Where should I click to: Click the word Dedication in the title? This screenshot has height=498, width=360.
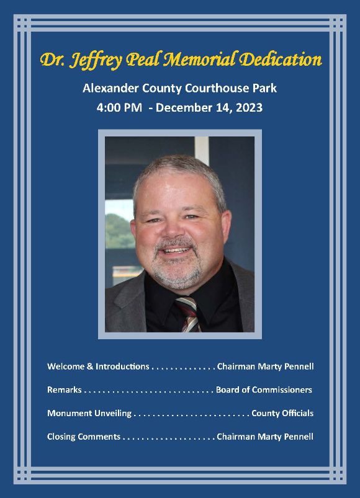coord(282,60)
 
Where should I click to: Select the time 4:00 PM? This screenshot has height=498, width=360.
coord(119,107)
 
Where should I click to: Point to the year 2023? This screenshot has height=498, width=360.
coord(248,107)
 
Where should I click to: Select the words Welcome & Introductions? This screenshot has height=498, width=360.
coord(98,367)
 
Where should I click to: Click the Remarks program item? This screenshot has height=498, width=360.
coord(65,390)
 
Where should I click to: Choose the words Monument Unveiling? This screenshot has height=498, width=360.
coord(89,413)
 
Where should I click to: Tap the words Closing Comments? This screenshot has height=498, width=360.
coord(84,437)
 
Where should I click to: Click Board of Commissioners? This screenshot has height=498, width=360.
coord(264,390)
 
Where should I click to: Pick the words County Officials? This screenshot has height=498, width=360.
coord(282,413)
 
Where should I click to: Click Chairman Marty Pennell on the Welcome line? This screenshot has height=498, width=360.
coord(265,367)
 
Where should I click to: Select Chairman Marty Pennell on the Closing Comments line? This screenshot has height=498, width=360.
coord(265,437)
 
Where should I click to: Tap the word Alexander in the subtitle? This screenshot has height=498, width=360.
coord(109,88)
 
